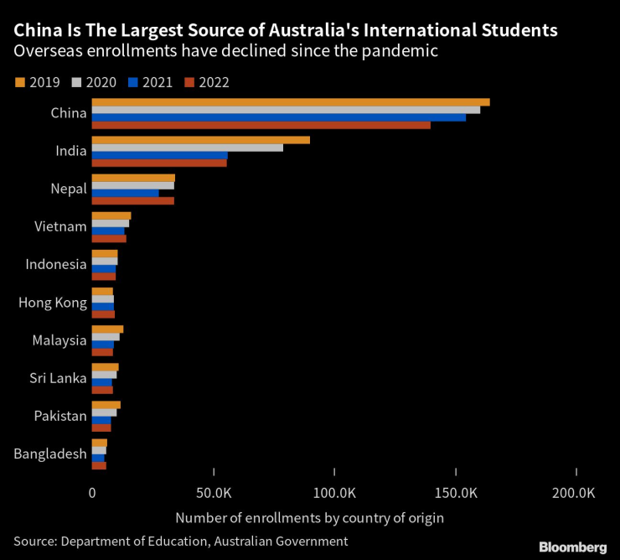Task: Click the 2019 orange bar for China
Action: (290, 102)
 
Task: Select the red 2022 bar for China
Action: (261, 125)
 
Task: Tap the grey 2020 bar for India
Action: (187, 148)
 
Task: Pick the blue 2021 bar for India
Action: (159, 155)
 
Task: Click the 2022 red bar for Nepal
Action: (132, 200)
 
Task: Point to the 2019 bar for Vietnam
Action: (111, 215)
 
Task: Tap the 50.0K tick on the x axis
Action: (213, 493)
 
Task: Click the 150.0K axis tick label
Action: (455, 493)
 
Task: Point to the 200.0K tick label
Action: (576, 493)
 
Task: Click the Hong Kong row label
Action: (52, 302)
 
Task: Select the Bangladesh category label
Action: (50, 454)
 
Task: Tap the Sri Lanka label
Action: (57, 378)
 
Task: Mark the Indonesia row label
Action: (55, 264)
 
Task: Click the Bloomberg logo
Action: (572, 547)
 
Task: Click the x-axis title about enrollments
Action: (310, 517)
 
